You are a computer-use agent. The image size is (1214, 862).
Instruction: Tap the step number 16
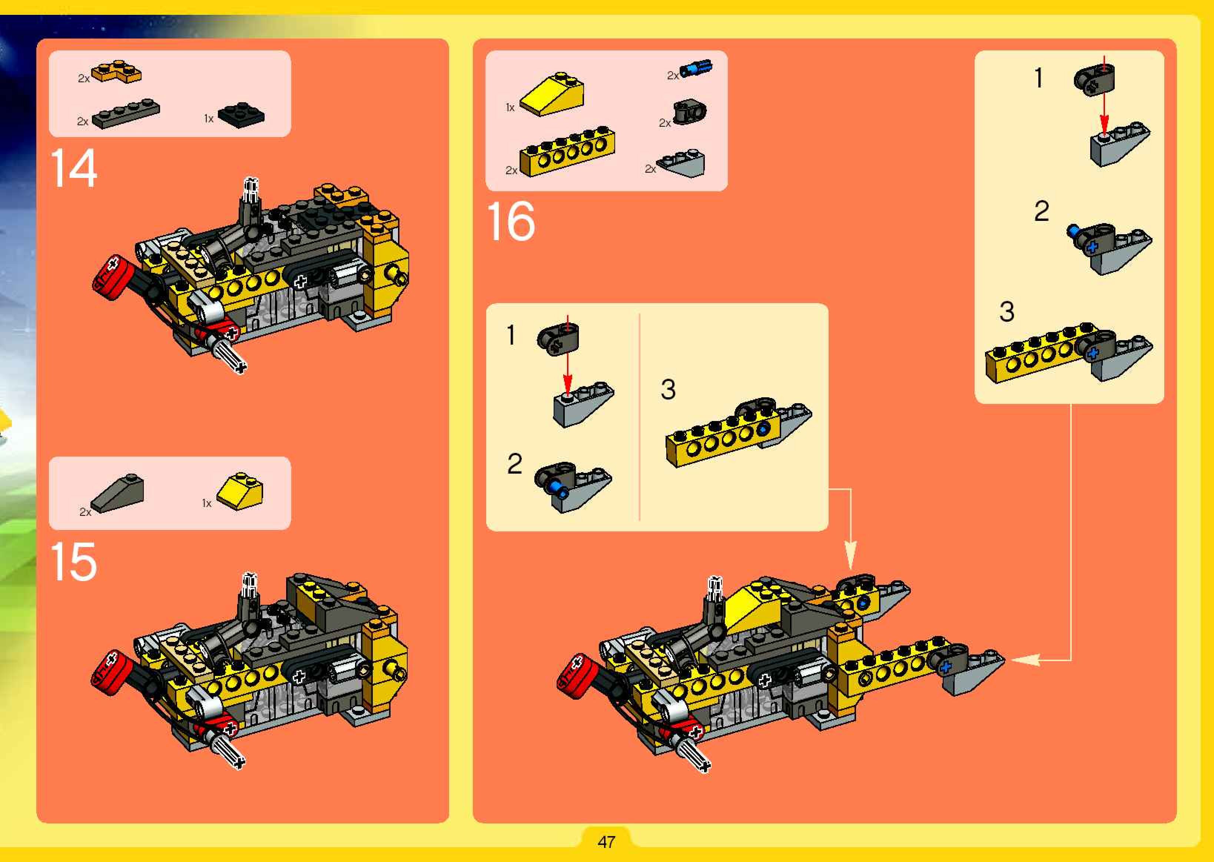[x=511, y=221]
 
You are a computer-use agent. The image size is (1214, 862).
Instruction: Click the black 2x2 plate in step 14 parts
[x=241, y=115]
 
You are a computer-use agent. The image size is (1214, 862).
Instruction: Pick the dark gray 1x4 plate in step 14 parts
[x=126, y=114]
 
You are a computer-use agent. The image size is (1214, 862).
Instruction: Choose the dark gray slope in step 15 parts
[x=117, y=493]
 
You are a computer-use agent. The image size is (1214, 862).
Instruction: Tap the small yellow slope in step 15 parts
[x=240, y=490]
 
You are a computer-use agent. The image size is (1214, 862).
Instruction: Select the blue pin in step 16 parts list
[x=696, y=69]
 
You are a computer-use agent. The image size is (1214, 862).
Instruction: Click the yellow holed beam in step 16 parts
[x=567, y=151]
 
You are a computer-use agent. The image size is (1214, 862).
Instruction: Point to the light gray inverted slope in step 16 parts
[x=681, y=163]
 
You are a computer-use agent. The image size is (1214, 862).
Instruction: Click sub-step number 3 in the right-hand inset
[x=1006, y=312]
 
